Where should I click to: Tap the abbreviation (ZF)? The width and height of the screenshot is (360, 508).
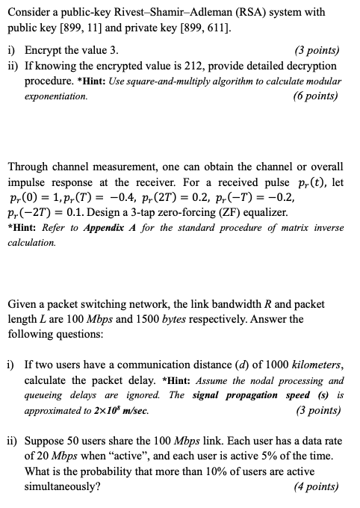pos(226,212)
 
